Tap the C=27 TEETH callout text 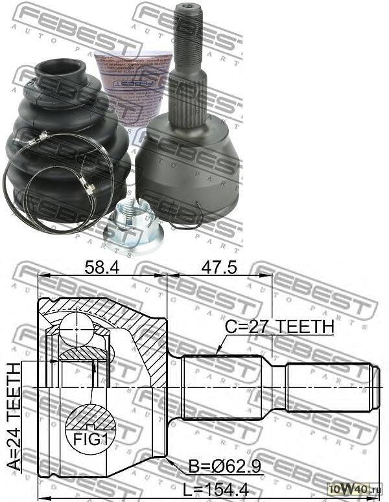point(279,327)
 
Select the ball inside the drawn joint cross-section point(77,330)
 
